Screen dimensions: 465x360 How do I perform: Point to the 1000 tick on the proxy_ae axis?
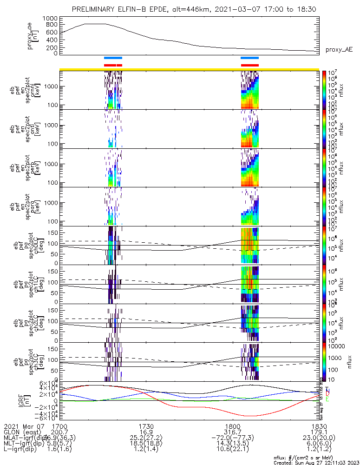[x=51, y=18]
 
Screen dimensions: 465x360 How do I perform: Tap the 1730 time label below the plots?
[x=146, y=426]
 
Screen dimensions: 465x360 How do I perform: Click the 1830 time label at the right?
[x=319, y=426]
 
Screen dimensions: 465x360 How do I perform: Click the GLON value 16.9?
[x=146, y=432]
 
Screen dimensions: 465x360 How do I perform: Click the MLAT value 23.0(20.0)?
[x=319, y=438]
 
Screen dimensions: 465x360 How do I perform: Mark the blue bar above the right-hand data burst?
[x=249, y=58]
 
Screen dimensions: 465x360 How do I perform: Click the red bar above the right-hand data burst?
[x=249, y=65]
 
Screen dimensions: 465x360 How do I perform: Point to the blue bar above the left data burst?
[x=113, y=58]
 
